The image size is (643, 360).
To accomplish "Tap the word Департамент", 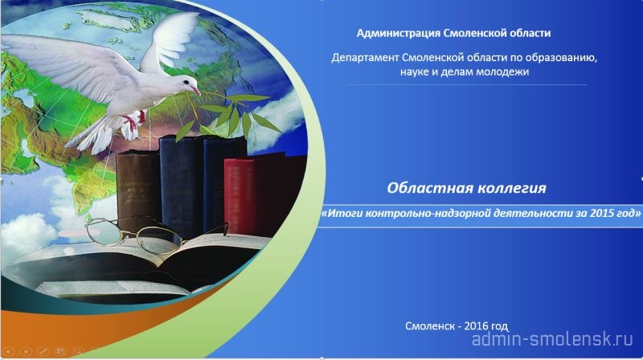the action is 365,58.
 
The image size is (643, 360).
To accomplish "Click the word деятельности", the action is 534,213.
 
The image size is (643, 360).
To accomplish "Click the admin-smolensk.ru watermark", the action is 553,339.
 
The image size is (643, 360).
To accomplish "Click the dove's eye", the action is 186,83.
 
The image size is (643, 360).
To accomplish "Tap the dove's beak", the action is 197,90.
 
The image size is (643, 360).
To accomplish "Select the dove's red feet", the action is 134,122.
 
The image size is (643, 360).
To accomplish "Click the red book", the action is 240,197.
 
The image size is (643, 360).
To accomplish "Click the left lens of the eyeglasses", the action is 104,231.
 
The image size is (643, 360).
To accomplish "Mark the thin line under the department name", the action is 467,85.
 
